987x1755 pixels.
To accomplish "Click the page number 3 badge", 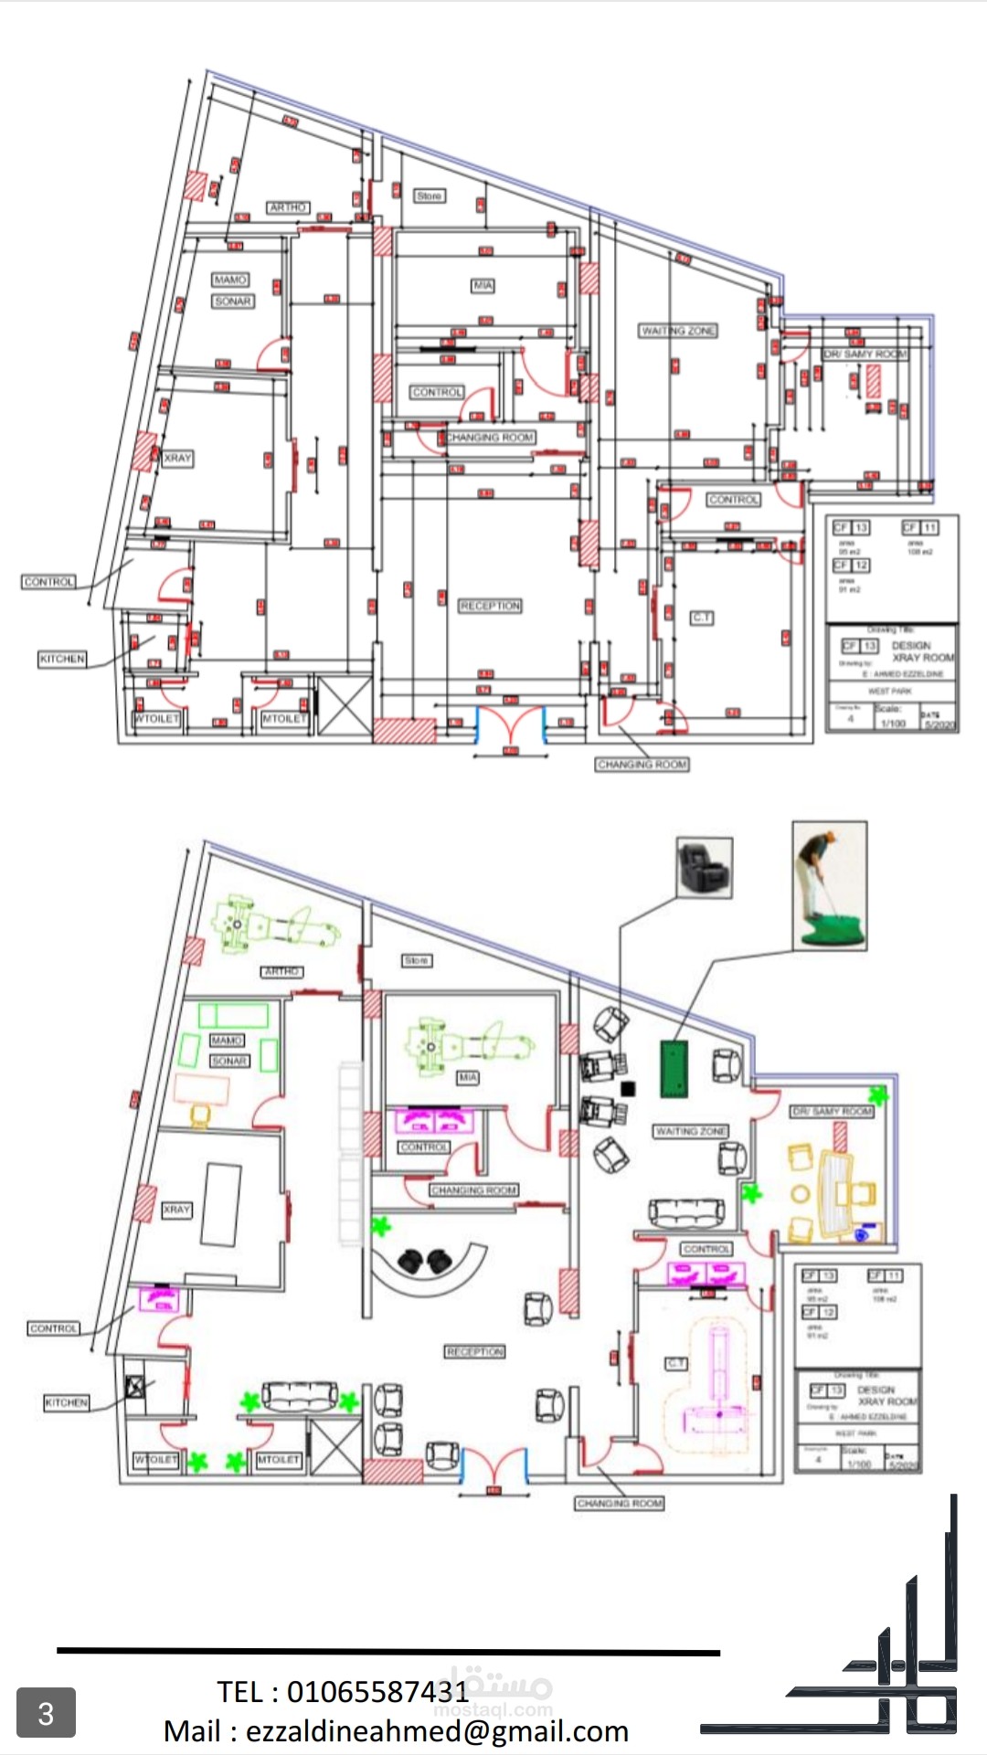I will tap(46, 1713).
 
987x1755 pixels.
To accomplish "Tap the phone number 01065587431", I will tap(377, 1692).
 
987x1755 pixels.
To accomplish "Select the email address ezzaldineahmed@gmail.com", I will tap(437, 1731).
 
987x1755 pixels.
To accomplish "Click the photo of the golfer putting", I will tap(830, 884).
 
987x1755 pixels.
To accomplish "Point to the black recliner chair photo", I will tap(704, 867).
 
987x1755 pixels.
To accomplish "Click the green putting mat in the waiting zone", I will tap(674, 1068).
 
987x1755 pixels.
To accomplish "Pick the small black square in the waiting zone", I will tap(628, 1088).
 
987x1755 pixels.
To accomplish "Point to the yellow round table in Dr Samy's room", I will tap(801, 1193).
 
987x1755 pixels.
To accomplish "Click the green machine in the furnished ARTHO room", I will tap(274, 926).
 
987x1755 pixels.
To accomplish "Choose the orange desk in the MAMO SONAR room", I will tap(202, 1090).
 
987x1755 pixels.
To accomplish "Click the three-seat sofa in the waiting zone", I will tap(686, 1212).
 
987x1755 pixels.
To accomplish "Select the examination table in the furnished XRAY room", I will tap(220, 1204).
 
